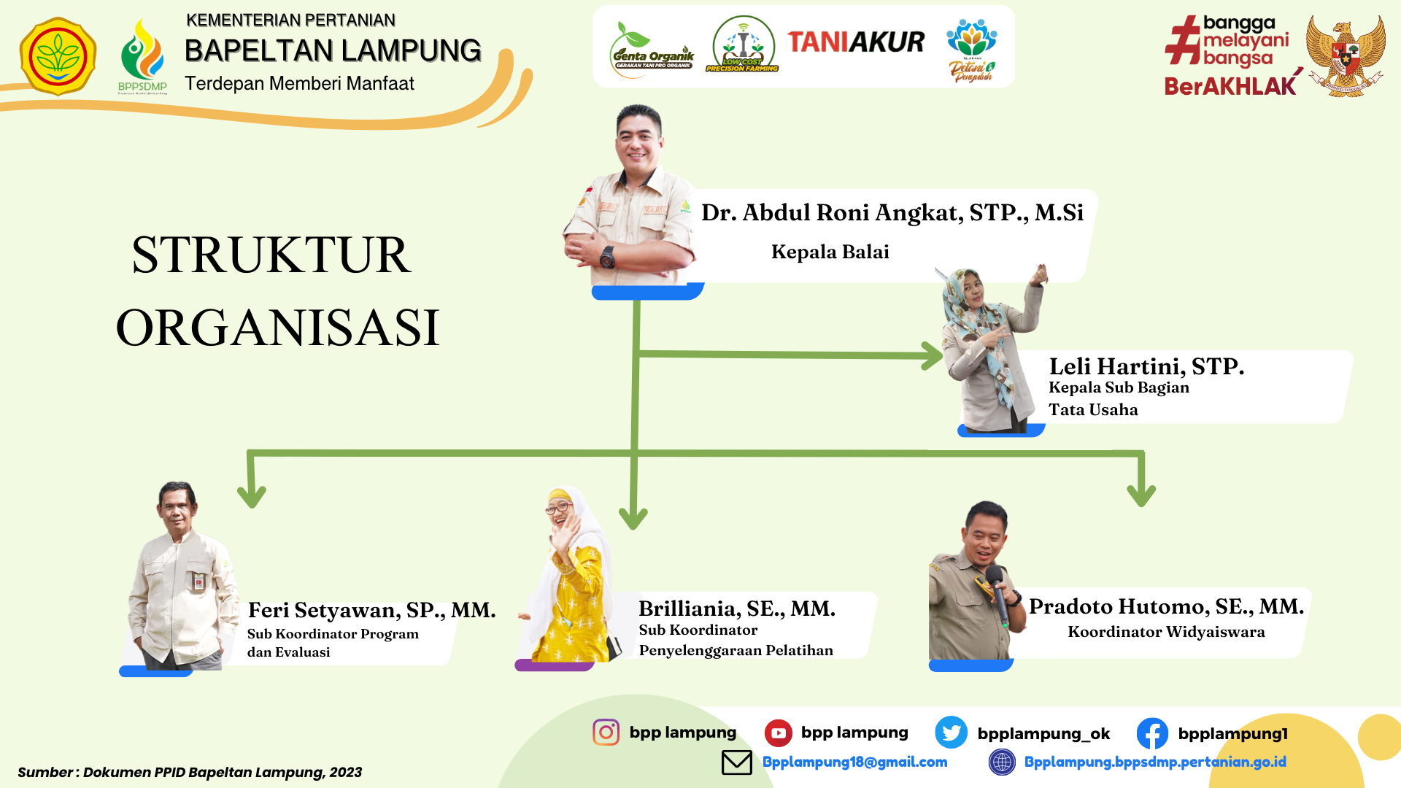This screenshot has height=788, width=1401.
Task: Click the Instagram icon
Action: [x=606, y=732]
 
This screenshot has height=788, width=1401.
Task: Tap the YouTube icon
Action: [x=778, y=733]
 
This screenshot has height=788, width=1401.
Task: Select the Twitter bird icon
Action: [x=951, y=733]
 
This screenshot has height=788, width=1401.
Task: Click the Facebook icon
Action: [x=1152, y=733]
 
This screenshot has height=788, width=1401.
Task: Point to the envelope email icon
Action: [x=736, y=762]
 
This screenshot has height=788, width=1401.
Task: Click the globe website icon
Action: [x=1002, y=762]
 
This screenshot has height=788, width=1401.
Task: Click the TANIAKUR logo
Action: [x=856, y=42]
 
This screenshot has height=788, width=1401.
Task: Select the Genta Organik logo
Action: [x=652, y=49]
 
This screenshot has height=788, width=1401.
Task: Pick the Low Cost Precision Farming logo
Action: [x=743, y=45]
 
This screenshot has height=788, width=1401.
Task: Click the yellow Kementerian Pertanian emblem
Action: [x=58, y=57]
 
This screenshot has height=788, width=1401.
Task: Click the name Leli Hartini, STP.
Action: [x=1146, y=366]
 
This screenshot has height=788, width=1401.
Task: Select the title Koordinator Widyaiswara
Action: [x=1166, y=632]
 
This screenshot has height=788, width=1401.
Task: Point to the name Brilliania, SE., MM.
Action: [x=737, y=609]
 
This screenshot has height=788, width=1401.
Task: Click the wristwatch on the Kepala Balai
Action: [x=607, y=257]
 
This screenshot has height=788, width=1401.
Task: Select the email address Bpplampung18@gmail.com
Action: [x=854, y=762]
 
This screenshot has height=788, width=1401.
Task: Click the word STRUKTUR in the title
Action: [x=271, y=255]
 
